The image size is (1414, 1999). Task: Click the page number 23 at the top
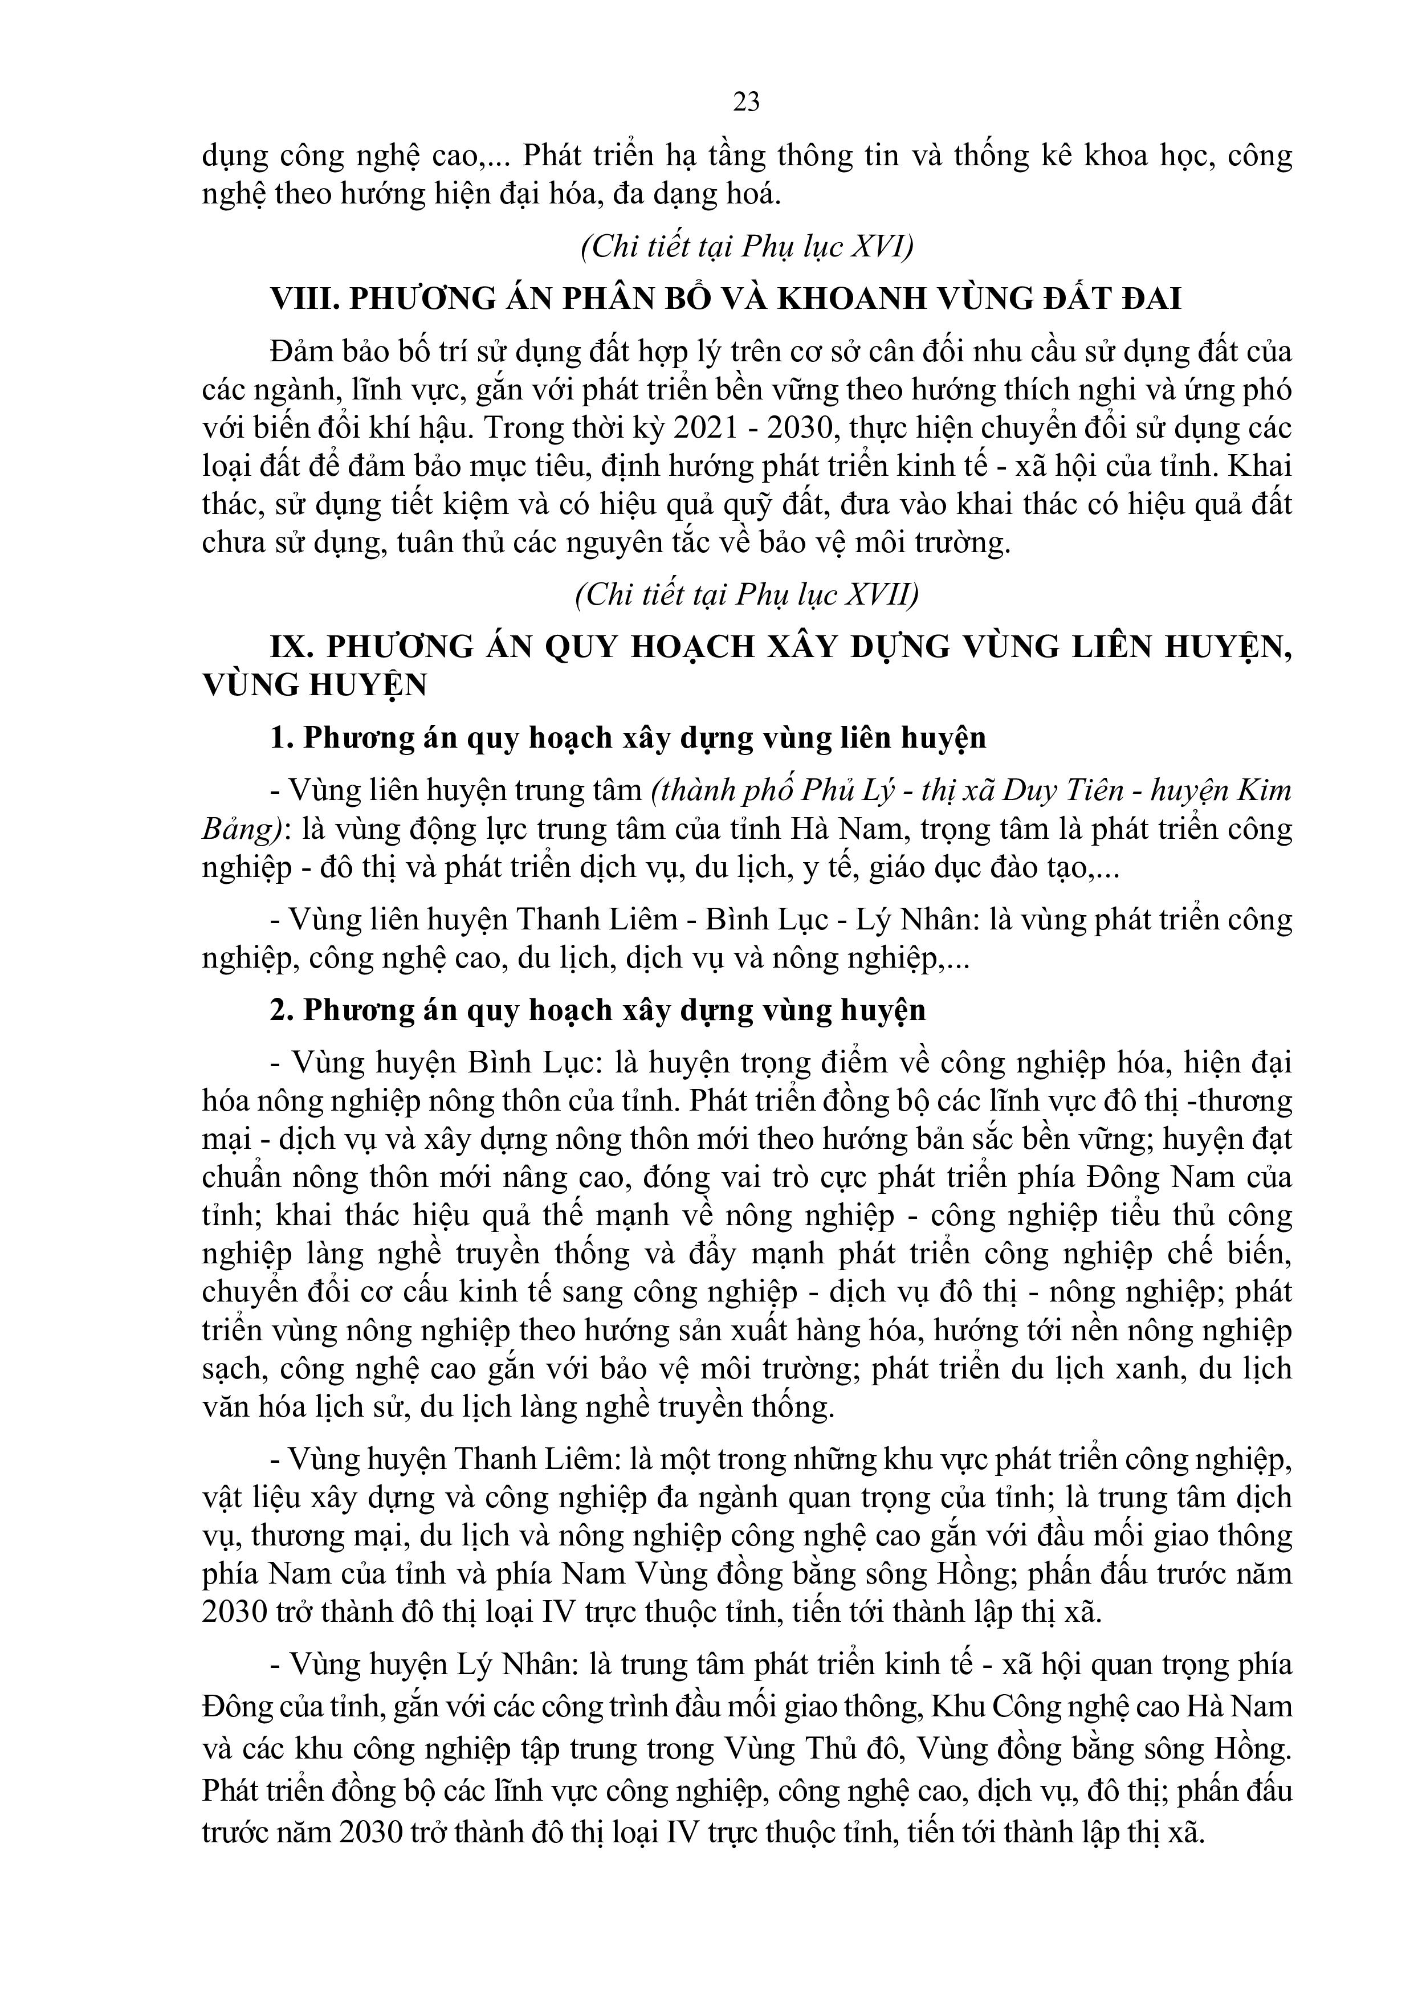pyautogui.click(x=746, y=103)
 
